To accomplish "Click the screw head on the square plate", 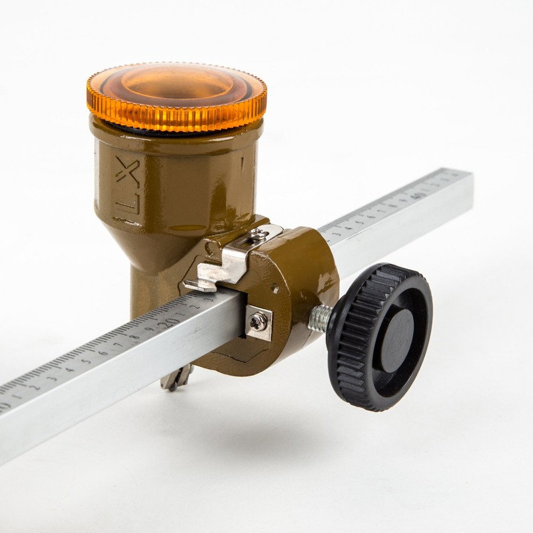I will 258,321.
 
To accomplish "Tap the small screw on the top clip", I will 257,233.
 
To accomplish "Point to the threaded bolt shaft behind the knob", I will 320,319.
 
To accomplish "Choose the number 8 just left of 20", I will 134,336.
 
